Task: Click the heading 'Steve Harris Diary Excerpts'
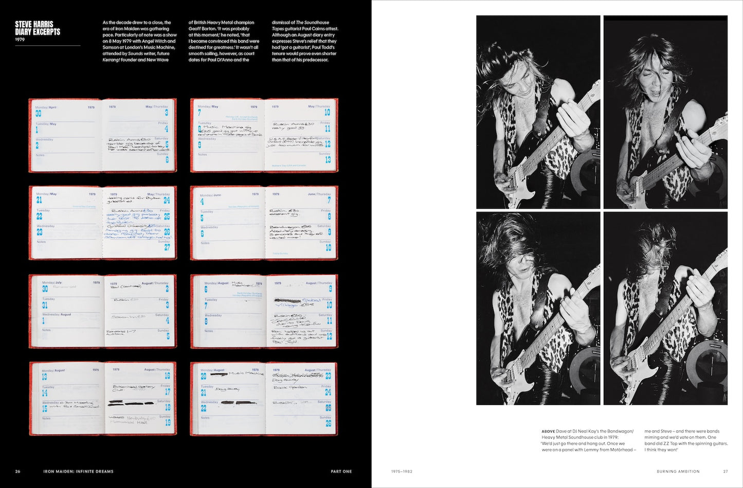tap(38, 28)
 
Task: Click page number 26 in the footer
tap(18, 471)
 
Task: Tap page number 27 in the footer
tap(726, 471)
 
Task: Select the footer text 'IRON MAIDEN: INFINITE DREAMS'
tap(79, 471)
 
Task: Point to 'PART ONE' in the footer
tap(341, 471)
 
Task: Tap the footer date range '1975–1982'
tap(402, 471)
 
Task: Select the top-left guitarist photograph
tap(538, 112)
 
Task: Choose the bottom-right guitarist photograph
tap(665, 308)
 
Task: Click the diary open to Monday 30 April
tap(102, 135)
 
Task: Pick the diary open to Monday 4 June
tap(264, 223)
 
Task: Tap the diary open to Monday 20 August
tap(264, 399)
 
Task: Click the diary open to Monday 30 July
tap(102, 311)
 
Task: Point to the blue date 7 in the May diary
tap(200, 113)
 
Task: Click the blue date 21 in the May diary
tap(39, 200)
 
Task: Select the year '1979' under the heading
tap(20, 40)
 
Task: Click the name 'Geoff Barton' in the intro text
tap(202, 29)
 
